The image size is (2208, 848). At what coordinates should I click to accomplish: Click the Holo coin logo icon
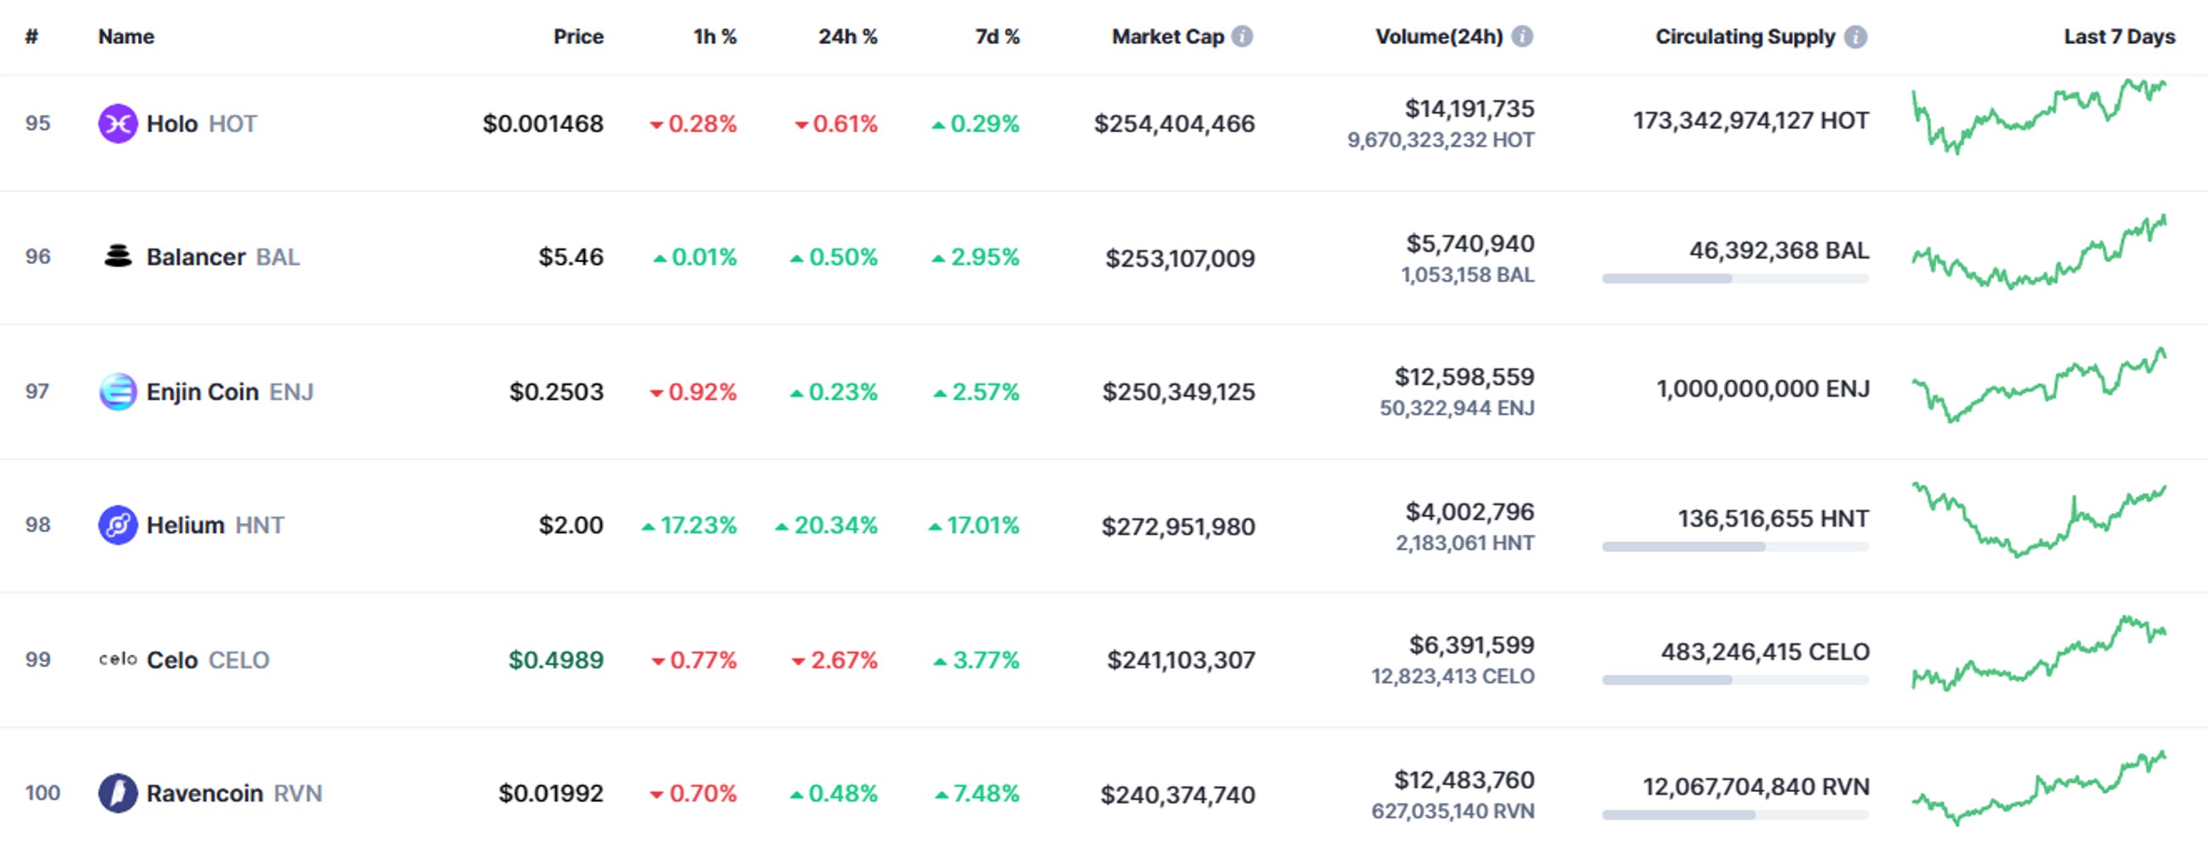point(118,123)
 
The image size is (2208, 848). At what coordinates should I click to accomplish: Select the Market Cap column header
point(1167,36)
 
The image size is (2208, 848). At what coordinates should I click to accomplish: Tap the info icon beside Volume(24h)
point(1522,36)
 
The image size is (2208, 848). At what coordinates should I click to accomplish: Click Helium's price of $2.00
point(570,525)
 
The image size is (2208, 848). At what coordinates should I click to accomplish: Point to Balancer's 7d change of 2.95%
point(975,257)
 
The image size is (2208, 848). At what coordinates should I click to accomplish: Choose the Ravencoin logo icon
point(118,793)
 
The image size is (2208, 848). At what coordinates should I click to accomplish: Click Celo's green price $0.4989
point(556,660)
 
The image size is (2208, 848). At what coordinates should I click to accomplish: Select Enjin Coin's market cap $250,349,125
point(1178,393)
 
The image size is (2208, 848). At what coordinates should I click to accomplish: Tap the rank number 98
point(37,525)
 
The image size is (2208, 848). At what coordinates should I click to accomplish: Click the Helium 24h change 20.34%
point(826,525)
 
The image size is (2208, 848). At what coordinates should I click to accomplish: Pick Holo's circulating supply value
point(1751,120)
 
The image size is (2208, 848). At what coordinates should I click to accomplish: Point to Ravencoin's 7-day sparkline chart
point(2039,788)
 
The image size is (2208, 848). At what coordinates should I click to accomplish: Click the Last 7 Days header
point(2119,36)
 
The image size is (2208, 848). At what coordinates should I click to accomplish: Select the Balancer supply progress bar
point(1736,278)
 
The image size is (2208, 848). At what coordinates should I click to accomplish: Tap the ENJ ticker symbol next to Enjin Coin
point(291,393)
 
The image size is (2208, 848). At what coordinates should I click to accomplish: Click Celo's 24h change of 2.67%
point(834,660)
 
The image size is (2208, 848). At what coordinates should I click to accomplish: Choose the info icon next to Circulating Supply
point(1856,36)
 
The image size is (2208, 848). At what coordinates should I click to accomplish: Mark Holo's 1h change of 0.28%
point(693,124)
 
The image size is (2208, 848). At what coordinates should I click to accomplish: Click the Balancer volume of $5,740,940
point(1470,244)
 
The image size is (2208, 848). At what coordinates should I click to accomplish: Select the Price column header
point(579,36)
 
